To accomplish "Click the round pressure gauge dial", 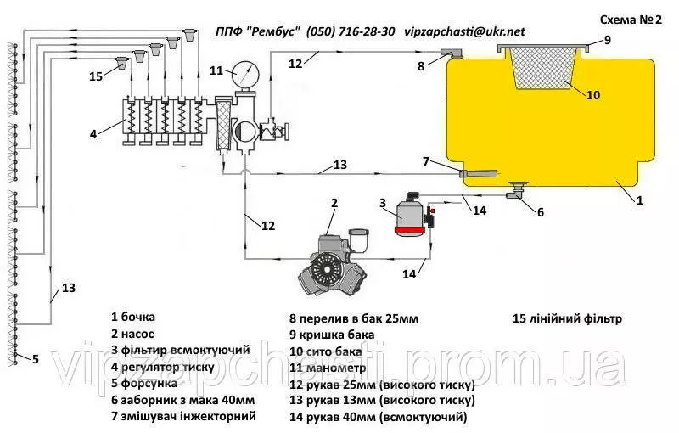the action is pos(245,75).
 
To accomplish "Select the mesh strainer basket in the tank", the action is pos(543,68).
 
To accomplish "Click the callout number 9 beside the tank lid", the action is pos(607,40).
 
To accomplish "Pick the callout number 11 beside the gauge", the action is pos(216,70).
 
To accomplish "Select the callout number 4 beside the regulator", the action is pos(93,134).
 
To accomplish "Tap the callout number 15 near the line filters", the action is pos(96,76).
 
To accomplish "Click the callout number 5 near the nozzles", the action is pos(36,359).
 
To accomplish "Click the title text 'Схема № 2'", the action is pos(631,20).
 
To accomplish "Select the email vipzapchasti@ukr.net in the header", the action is pos(464,31).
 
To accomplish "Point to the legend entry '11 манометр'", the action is pos(328,368).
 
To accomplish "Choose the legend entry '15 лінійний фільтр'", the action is pos(567,318).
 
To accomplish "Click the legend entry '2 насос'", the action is pos(132,334).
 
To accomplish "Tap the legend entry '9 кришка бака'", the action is pos(332,335).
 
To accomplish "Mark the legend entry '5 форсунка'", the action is pos(143,383).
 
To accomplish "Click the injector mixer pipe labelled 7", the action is pos(479,173).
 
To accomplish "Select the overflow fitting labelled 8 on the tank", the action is pos(452,53).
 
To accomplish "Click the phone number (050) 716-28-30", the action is pos(351,31).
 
